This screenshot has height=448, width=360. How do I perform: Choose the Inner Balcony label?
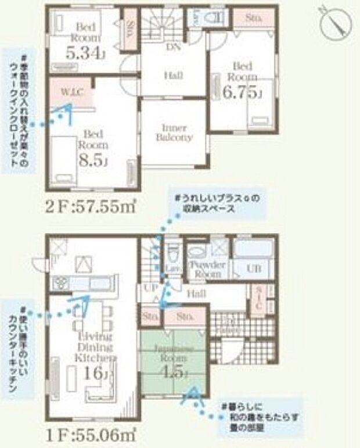(173, 132)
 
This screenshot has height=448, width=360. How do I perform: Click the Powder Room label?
(207, 268)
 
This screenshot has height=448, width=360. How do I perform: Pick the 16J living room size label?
(91, 372)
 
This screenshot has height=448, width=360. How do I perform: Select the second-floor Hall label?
(172, 76)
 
